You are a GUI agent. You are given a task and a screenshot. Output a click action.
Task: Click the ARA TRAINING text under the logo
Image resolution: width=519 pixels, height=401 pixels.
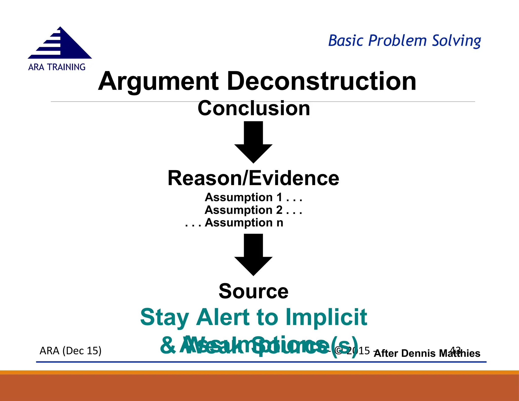click(57, 67)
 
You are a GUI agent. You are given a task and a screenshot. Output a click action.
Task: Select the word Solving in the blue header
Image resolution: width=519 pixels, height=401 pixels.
click(456, 41)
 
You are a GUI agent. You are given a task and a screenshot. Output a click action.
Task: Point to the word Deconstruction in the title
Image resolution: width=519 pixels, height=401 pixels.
click(321, 81)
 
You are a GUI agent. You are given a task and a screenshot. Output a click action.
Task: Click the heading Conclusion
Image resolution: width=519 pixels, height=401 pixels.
click(254, 108)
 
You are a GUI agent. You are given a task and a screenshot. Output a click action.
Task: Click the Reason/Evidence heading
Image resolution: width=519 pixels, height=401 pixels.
click(253, 178)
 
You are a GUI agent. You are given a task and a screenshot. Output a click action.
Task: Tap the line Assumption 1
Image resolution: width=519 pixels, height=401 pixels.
click(253, 197)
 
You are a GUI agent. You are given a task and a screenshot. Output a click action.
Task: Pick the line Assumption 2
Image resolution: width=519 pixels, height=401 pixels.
click(253, 210)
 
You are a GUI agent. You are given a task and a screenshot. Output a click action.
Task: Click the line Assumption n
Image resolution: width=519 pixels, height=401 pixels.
click(234, 223)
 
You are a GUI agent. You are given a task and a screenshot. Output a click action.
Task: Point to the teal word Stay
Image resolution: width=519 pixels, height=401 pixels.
click(164, 318)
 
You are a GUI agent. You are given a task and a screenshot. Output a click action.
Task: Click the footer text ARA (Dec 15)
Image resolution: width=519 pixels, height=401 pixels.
click(70, 351)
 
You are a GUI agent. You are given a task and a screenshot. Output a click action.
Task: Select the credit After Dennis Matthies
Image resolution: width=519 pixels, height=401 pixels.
click(427, 353)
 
